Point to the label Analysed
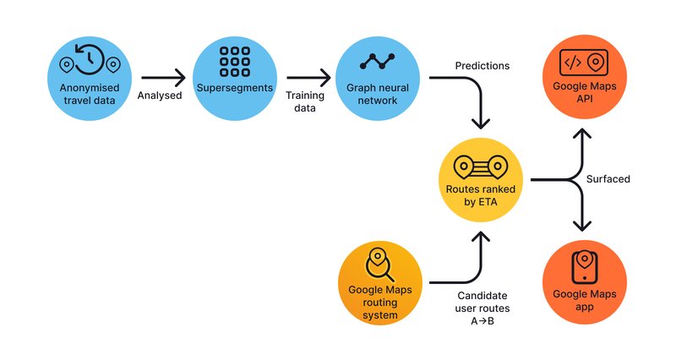160,95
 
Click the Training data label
305,101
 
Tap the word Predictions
482,65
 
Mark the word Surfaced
608,179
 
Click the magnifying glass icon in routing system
379,264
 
